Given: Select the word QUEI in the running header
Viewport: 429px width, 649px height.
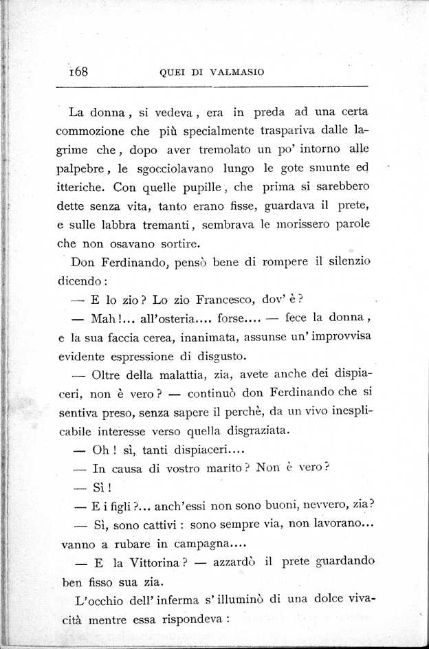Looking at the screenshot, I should tap(170, 73).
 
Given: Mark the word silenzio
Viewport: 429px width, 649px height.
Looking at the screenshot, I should tap(346, 261).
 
